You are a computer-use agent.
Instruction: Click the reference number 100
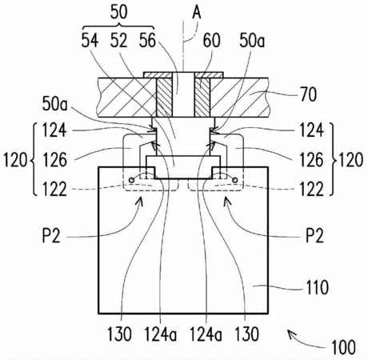click(343, 347)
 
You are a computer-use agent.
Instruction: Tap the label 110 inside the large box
click(317, 287)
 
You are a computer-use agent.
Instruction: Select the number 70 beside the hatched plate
click(309, 94)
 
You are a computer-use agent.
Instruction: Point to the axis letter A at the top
click(197, 12)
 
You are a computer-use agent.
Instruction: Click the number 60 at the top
click(211, 41)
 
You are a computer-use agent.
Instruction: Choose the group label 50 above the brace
click(119, 12)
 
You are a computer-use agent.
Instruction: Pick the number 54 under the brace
click(90, 41)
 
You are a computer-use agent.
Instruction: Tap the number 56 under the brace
click(147, 41)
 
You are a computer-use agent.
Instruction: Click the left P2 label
click(52, 236)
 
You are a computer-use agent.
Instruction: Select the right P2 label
click(314, 236)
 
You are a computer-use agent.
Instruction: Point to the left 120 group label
click(15, 160)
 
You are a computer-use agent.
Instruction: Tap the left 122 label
click(54, 190)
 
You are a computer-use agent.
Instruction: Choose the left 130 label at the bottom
click(119, 334)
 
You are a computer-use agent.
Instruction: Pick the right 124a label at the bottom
click(206, 334)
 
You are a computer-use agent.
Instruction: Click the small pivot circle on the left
click(131, 180)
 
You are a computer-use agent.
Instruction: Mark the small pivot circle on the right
click(235, 180)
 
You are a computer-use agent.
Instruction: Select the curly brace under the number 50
click(119, 26)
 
